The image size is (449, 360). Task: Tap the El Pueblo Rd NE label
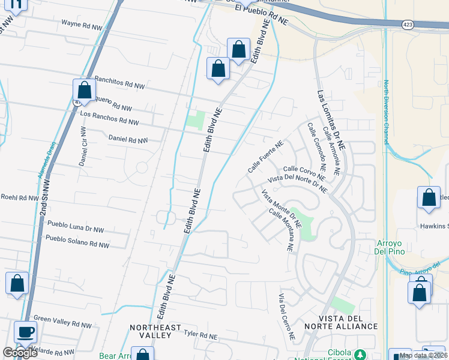pos(262,15)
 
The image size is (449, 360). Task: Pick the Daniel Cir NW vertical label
pos(83,146)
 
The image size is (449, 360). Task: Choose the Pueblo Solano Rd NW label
pos(77,241)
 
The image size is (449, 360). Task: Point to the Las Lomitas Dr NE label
pos(331,120)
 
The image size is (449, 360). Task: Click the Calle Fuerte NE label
pos(265,157)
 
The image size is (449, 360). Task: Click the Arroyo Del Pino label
pos(390,247)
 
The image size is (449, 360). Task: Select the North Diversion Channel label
pos(387,112)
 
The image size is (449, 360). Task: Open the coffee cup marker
pos(26,332)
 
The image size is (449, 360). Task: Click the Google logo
pos(20,353)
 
